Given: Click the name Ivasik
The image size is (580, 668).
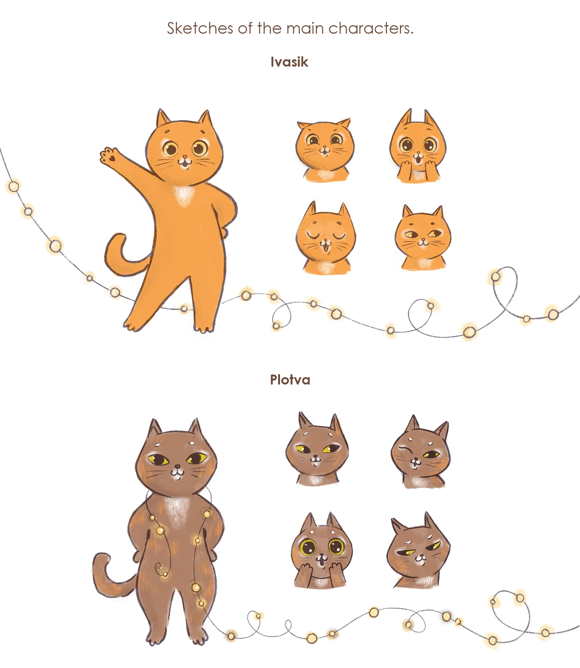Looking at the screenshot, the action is coord(289,62).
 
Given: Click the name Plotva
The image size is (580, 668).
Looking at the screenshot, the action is coord(290,380).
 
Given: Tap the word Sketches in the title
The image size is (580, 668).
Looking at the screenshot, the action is coord(200,28).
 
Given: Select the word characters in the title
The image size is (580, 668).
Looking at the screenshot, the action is coord(371,28).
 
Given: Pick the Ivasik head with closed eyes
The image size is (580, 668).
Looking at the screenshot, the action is coord(325,238).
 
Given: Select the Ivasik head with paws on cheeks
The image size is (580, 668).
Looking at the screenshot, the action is coord(418,146).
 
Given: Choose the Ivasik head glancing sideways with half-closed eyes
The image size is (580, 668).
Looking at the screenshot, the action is coord(423,238).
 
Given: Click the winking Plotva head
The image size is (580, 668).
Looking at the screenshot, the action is coord(420,452).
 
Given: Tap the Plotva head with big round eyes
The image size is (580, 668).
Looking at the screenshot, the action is coord(322,551).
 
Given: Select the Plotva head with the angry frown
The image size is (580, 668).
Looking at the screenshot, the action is coord(418,551).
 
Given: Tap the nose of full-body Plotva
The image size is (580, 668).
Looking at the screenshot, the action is coord(177,466).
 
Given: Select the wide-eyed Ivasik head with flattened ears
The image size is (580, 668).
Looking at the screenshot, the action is coord(325,150).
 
